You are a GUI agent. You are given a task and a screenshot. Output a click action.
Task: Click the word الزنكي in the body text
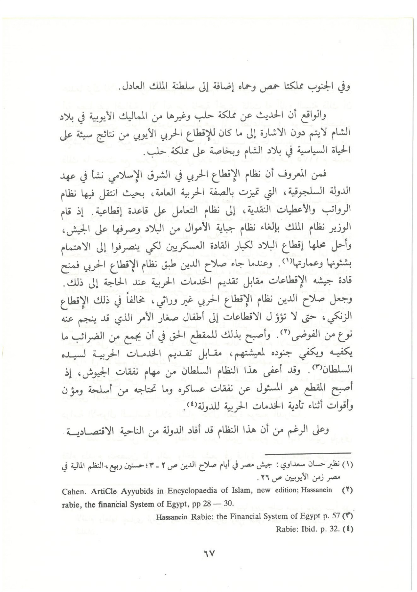tap(341, 317)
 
